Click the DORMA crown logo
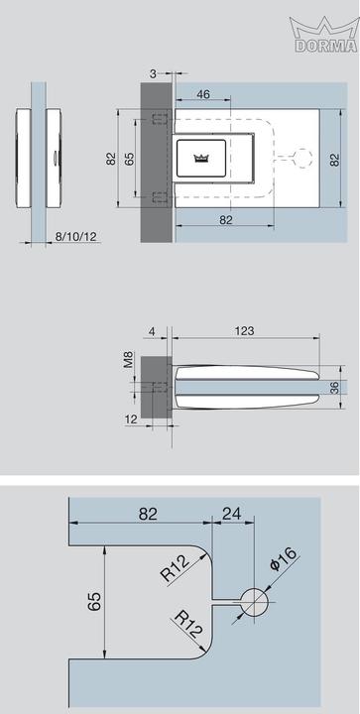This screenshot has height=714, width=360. coord(323,35)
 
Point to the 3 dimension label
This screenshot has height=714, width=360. coord(154,72)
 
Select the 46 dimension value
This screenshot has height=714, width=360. coord(203,94)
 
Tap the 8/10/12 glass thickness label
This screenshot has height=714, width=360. coord(75,236)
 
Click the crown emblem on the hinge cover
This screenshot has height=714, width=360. coord(200,158)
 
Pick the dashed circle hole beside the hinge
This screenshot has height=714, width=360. coord(302,158)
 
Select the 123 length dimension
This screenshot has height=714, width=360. coord(244,330)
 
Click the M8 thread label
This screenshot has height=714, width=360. coord(129,360)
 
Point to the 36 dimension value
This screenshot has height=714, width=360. coord(334,388)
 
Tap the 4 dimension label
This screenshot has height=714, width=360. coord(152,331)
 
